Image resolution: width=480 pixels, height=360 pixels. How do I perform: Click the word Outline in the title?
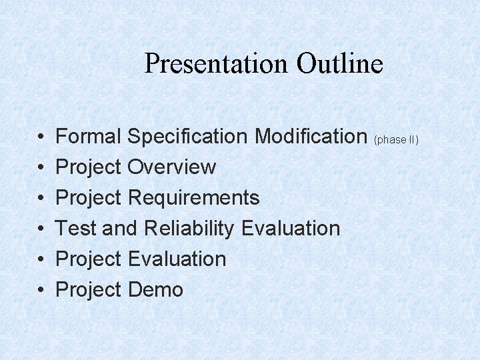(340, 64)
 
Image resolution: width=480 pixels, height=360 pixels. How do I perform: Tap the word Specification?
(188, 137)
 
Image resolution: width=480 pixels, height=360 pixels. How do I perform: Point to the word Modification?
(311, 137)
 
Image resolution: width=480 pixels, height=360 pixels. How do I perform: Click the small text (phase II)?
(397, 140)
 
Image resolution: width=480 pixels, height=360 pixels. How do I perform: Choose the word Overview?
(171, 167)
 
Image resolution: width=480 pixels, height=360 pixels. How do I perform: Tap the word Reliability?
(189, 229)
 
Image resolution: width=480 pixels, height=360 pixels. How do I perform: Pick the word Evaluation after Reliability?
(291, 229)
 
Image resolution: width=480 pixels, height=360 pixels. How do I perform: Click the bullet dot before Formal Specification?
(41, 137)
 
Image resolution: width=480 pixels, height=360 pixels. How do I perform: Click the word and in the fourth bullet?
(120, 229)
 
